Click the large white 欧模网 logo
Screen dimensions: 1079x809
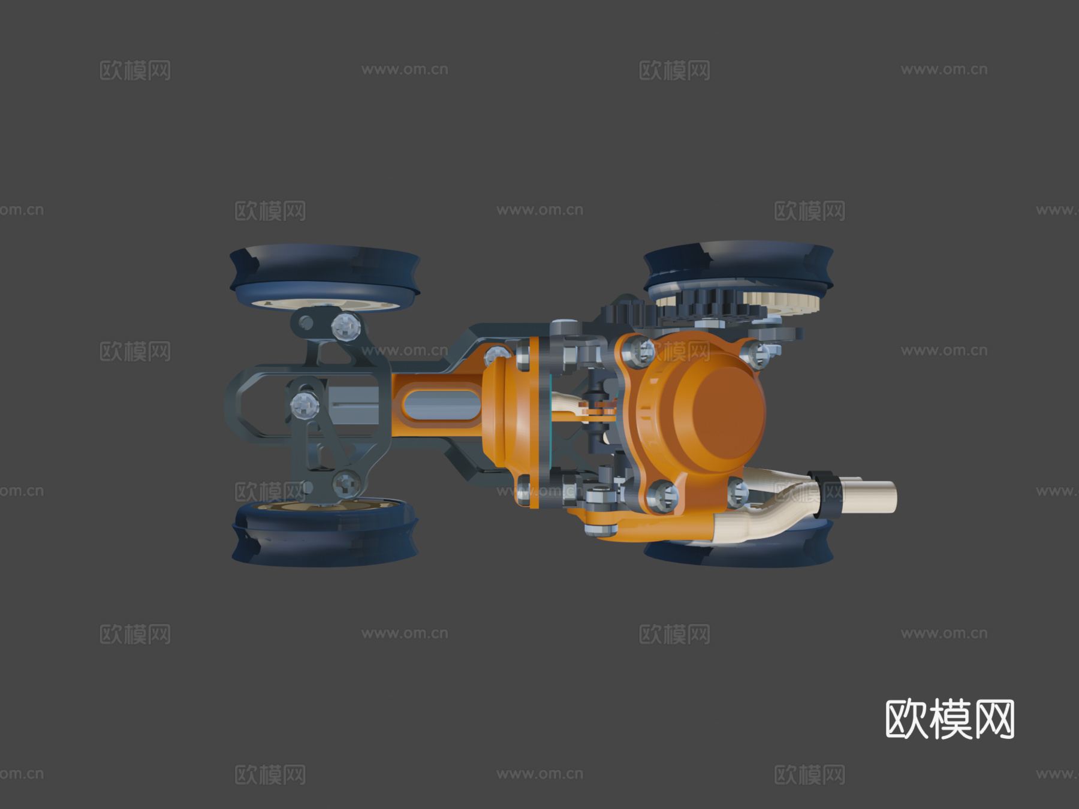tap(950, 719)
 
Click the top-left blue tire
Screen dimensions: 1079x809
tap(325, 276)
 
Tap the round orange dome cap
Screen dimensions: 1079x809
tap(719, 412)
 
